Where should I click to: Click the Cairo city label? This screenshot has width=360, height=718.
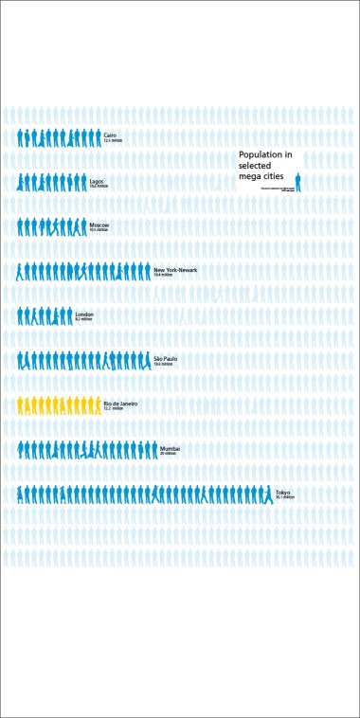pos(110,135)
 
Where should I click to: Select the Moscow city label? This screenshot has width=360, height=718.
pos(99,224)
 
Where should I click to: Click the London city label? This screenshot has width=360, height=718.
pos(84,314)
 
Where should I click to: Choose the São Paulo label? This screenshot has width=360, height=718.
pos(165,358)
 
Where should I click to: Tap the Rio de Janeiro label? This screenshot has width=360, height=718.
pos(120,403)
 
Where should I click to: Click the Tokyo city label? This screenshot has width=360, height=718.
pos(282,492)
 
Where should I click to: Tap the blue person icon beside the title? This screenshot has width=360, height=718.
pos(297,182)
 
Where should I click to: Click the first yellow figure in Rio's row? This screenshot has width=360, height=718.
pos(21,405)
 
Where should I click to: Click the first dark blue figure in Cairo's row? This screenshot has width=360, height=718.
pos(21,138)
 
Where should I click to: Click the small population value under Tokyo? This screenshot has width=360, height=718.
pos(285,497)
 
